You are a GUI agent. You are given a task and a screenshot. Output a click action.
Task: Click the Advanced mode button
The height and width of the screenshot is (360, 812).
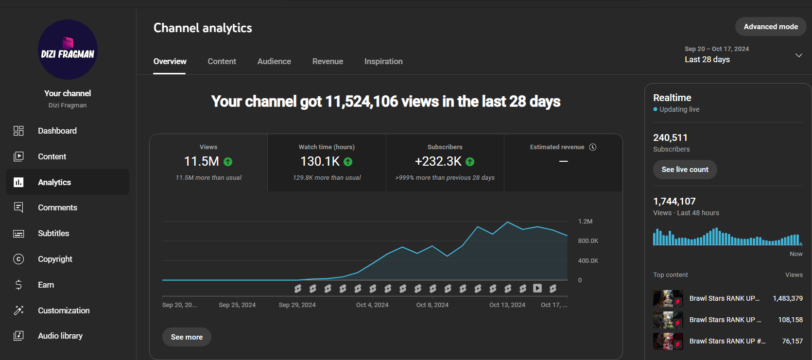pos(771,26)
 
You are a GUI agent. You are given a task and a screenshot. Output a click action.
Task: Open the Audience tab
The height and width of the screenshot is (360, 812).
pos(274,61)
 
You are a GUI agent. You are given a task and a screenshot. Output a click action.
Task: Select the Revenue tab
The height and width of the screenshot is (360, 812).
pos(328,61)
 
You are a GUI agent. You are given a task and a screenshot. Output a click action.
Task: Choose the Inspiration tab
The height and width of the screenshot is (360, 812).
pos(383,61)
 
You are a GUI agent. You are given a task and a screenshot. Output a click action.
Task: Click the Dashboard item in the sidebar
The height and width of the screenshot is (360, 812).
pos(57,131)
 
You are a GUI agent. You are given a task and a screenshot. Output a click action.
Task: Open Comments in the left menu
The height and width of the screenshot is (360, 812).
pos(57,207)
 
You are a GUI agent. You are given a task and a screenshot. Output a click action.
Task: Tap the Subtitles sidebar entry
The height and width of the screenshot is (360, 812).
pos(53,233)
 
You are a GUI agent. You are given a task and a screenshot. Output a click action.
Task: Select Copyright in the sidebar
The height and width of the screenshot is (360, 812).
pos(55,259)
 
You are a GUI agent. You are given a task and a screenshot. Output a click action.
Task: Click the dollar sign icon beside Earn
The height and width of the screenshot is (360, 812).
pos(18,285)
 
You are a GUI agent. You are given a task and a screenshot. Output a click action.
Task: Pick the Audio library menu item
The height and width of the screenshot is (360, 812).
pos(60,336)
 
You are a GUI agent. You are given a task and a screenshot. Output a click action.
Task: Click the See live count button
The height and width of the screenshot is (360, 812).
pos(685,169)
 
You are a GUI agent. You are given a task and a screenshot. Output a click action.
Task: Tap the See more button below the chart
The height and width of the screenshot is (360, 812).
pos(187,337)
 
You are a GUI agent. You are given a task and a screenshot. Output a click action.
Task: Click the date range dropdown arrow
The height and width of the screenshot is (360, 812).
pos(798,55)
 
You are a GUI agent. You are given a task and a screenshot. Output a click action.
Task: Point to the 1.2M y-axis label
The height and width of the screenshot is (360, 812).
pos(585,221)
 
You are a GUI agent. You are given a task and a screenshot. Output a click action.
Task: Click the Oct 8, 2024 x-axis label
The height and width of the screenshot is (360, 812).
pos(432,305)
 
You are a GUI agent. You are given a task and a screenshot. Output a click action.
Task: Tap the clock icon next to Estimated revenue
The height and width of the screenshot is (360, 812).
pos(593,147)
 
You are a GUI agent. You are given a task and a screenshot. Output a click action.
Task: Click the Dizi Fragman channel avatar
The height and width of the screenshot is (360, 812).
pos(68,50)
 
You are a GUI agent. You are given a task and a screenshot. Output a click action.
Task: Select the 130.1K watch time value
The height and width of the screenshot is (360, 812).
pos(320,161)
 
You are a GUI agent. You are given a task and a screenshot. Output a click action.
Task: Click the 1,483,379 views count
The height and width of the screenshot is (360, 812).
pos(788,298)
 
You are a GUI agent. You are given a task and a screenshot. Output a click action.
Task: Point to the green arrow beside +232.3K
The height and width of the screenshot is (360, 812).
pos(470,162)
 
